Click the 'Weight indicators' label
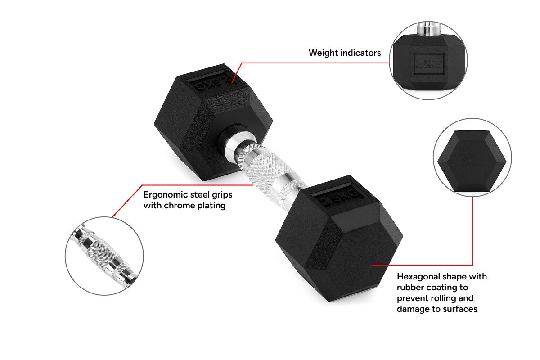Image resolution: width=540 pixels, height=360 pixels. click(345, 53)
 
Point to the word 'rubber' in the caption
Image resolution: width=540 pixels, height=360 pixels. click(410, 287)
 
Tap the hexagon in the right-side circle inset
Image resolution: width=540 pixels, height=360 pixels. click(472, 162)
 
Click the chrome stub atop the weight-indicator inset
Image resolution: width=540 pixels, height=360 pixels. click(425, 28)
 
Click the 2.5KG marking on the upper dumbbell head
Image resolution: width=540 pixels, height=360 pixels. click(211, 81)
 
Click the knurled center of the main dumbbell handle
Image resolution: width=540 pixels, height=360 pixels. click(265, 169)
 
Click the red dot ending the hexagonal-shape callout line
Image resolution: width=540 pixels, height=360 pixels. click(371, 265)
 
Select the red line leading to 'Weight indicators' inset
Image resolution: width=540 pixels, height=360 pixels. click(315, 63)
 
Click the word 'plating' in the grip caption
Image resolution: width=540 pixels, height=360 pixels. click(211, 206)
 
